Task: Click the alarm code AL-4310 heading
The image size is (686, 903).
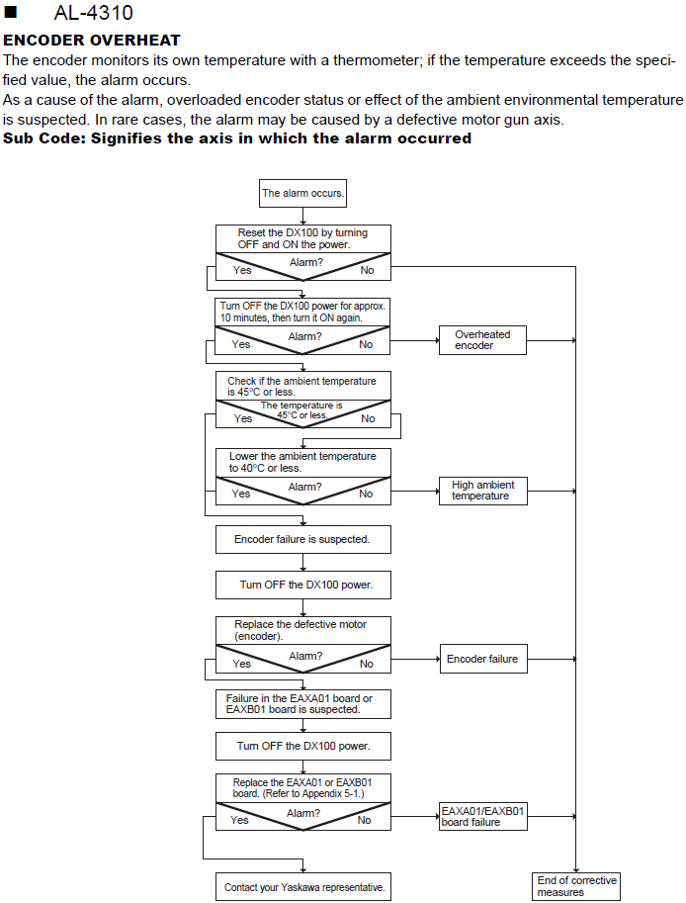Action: pos(93,13)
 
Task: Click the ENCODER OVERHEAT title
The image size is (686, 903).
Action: pos(92,41)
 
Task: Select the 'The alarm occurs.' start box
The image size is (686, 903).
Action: pos(302,193)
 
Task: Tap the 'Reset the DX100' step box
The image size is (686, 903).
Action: pos(303,238)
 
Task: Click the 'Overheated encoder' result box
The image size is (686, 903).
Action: pos(482,340)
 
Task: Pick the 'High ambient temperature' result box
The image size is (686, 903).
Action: pos(482,491)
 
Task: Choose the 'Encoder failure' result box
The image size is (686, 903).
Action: pos(482,659)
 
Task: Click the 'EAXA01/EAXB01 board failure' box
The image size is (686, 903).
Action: pos(482,817)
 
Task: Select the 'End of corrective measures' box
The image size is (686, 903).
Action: pos(576,886)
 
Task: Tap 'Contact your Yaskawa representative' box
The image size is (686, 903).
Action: pos(303,887)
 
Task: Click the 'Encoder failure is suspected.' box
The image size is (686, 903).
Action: pos(303,540)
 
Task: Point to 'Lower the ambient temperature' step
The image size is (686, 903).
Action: pos(303,463)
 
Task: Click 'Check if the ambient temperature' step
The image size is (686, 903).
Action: pos(303,386)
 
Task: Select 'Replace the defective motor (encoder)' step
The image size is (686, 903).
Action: pos(303,631)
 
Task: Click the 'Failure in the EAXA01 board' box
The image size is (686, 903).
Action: pos(303,704)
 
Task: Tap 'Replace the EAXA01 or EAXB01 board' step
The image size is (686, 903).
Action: pos(303,788)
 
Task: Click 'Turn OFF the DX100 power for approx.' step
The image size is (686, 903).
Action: pos(302,313)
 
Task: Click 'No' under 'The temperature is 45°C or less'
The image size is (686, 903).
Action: pos(368,418)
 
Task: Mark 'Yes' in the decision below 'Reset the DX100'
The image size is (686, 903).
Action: pos(242,270)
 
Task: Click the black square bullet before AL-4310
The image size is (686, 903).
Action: pos(10,12)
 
